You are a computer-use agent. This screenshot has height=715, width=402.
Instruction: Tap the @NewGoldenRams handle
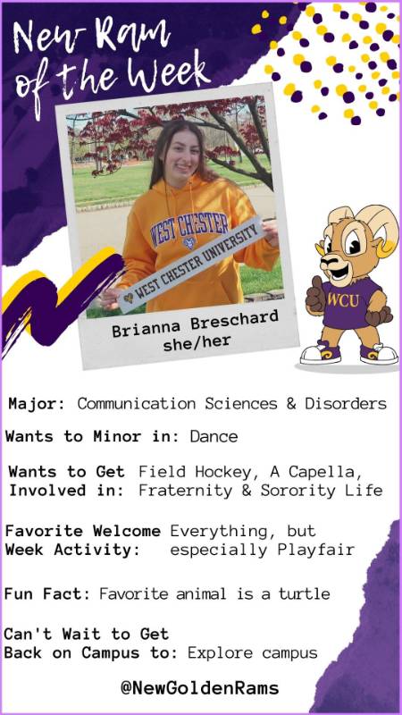tap(199, 687)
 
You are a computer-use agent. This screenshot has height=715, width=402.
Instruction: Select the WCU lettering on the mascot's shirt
tap(343, 300)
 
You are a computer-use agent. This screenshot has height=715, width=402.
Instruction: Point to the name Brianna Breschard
tap(195, 324)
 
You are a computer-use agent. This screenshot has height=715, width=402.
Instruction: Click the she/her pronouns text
tap(197, 343)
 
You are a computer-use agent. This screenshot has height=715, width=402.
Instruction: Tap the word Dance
tap(214, 436)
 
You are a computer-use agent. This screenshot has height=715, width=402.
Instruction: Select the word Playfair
tap(315, 550)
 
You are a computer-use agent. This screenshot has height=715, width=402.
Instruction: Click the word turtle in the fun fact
tap(305, 593)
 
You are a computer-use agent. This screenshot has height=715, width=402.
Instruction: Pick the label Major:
tap(38, 404)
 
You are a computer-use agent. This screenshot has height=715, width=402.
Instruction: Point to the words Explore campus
tap(253, 652)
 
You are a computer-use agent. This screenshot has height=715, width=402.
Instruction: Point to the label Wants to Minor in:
tap(93, 436)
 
